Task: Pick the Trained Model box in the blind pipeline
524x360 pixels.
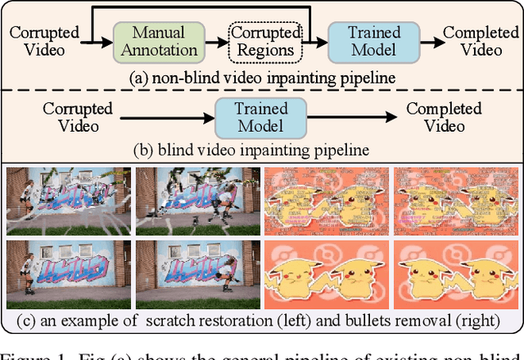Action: click(x=260, y=117)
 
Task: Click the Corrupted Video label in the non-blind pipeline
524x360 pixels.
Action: click(x=44, y=41)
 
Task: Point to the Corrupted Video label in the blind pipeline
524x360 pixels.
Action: click(x=70, y=117)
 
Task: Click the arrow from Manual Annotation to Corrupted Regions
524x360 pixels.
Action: click(x=215, y=41)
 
